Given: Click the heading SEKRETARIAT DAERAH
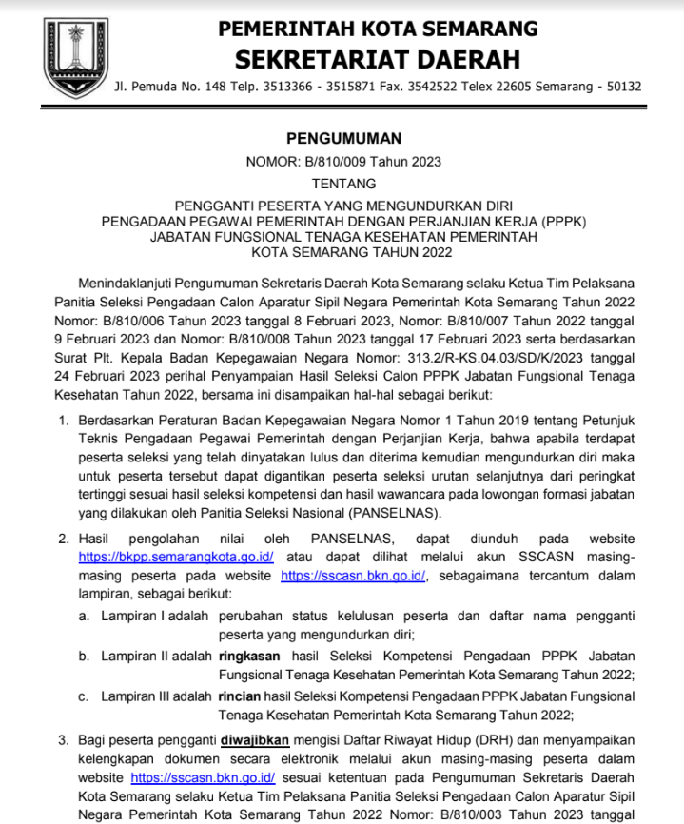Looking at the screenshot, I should click(x=378, y=59).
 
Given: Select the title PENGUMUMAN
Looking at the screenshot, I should click(x=342, y=138).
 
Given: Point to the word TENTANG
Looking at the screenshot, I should click(x=342, y=183).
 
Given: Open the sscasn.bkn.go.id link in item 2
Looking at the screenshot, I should click(x=356, y=576).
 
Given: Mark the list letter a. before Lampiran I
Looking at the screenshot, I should click(x=84, y=616).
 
